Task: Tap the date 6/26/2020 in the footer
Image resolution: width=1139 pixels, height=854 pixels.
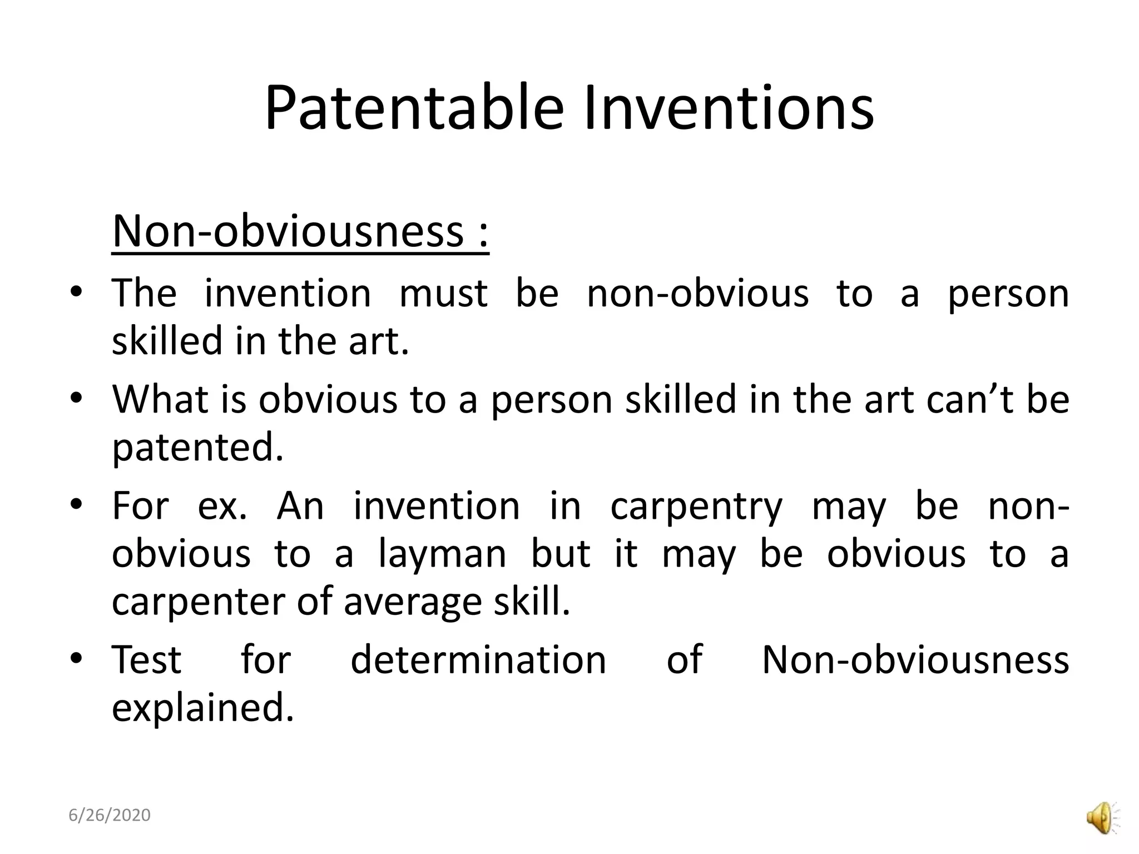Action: [x=110, y=815]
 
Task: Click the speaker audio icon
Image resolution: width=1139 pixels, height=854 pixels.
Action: [x=1101, y=818]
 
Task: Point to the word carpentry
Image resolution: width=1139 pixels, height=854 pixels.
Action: [x=696, y=507]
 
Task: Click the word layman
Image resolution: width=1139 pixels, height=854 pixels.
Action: [x=442, y=554]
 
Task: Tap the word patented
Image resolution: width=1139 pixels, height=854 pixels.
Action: [x=197, y=448]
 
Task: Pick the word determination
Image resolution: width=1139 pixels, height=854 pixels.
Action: [x=478, y=660]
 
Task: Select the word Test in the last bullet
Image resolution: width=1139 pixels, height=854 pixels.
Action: [x=147, y=660]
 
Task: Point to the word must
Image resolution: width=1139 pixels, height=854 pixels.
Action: [x=443, y=294]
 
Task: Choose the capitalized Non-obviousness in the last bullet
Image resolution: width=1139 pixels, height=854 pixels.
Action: [x=915, y=660]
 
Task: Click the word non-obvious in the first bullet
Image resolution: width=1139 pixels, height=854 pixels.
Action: [x=697, y=294]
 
